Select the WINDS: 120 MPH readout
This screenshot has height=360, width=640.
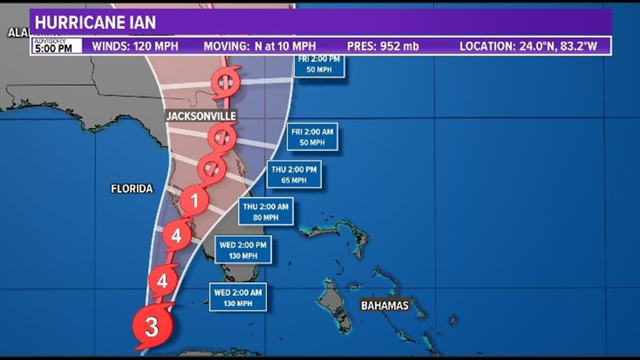pos(135,46)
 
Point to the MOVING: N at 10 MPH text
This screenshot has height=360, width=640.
pos(259,46)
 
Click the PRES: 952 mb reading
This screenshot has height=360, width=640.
pos(383,46)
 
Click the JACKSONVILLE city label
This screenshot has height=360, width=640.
pos(200,116)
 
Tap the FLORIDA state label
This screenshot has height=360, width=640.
pos(132,189)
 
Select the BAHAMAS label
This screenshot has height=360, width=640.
pos(385,306)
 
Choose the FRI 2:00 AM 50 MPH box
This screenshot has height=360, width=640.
pos(312,136)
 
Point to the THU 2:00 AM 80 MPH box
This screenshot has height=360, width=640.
pos(266,211)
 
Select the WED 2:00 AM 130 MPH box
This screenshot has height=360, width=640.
pos(237,297)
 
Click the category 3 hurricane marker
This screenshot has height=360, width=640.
pos(152,326)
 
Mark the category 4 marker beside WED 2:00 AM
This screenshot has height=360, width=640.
pos(162,280)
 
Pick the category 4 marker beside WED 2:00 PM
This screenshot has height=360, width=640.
pos(176,236)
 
